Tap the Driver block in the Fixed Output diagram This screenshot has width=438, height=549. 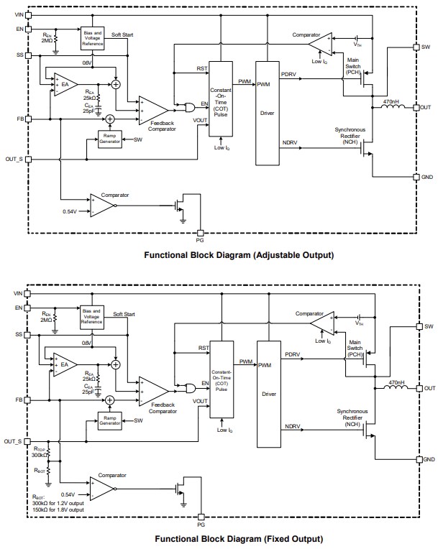pyautogui.click(x=268, y=394)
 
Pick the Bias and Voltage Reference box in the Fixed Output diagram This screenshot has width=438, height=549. pyautogui.click(x=92, y=317)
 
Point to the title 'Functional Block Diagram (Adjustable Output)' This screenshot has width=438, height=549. pyautogui.click(x=239, y=255)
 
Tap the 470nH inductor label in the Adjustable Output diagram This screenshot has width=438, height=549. pyautogui.click(x=391, y=101)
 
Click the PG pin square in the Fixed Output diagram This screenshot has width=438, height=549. pyautogui.click(x=200, y=515)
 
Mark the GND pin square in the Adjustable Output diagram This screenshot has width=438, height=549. pyautogui.click(x=416, y=177)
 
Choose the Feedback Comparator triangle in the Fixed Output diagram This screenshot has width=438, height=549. pyautogui.click(x=153, y=392)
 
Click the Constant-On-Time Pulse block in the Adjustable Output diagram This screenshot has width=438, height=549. pyautogui.click(x=219, y=96)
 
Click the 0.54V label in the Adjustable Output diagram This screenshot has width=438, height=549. pyautogui.click(x=70, y=211)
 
